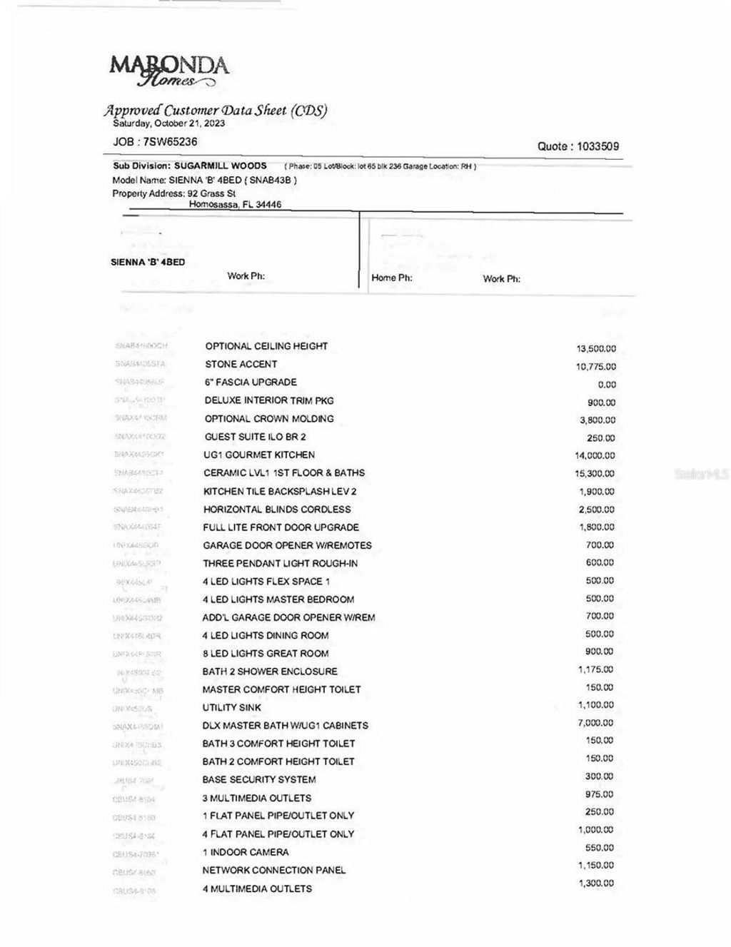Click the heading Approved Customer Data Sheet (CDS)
(x=216, y=110)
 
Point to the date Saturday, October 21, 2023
(x=169, y=123)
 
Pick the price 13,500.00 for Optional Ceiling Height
(x=596, y=349)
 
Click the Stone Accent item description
(x=241, y=364)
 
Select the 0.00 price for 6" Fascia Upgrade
(x=607, y=385)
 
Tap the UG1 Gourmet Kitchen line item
(x=259, y=455)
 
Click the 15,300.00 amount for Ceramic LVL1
(x=596, y=474)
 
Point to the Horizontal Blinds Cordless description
(x=277, y=510)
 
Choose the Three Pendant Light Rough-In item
(x=280, y=563)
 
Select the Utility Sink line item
(x=231, y=707)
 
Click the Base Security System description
(x=258, y=779)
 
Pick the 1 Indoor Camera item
(x=246, y=852)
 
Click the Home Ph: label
(x=391, y=278)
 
